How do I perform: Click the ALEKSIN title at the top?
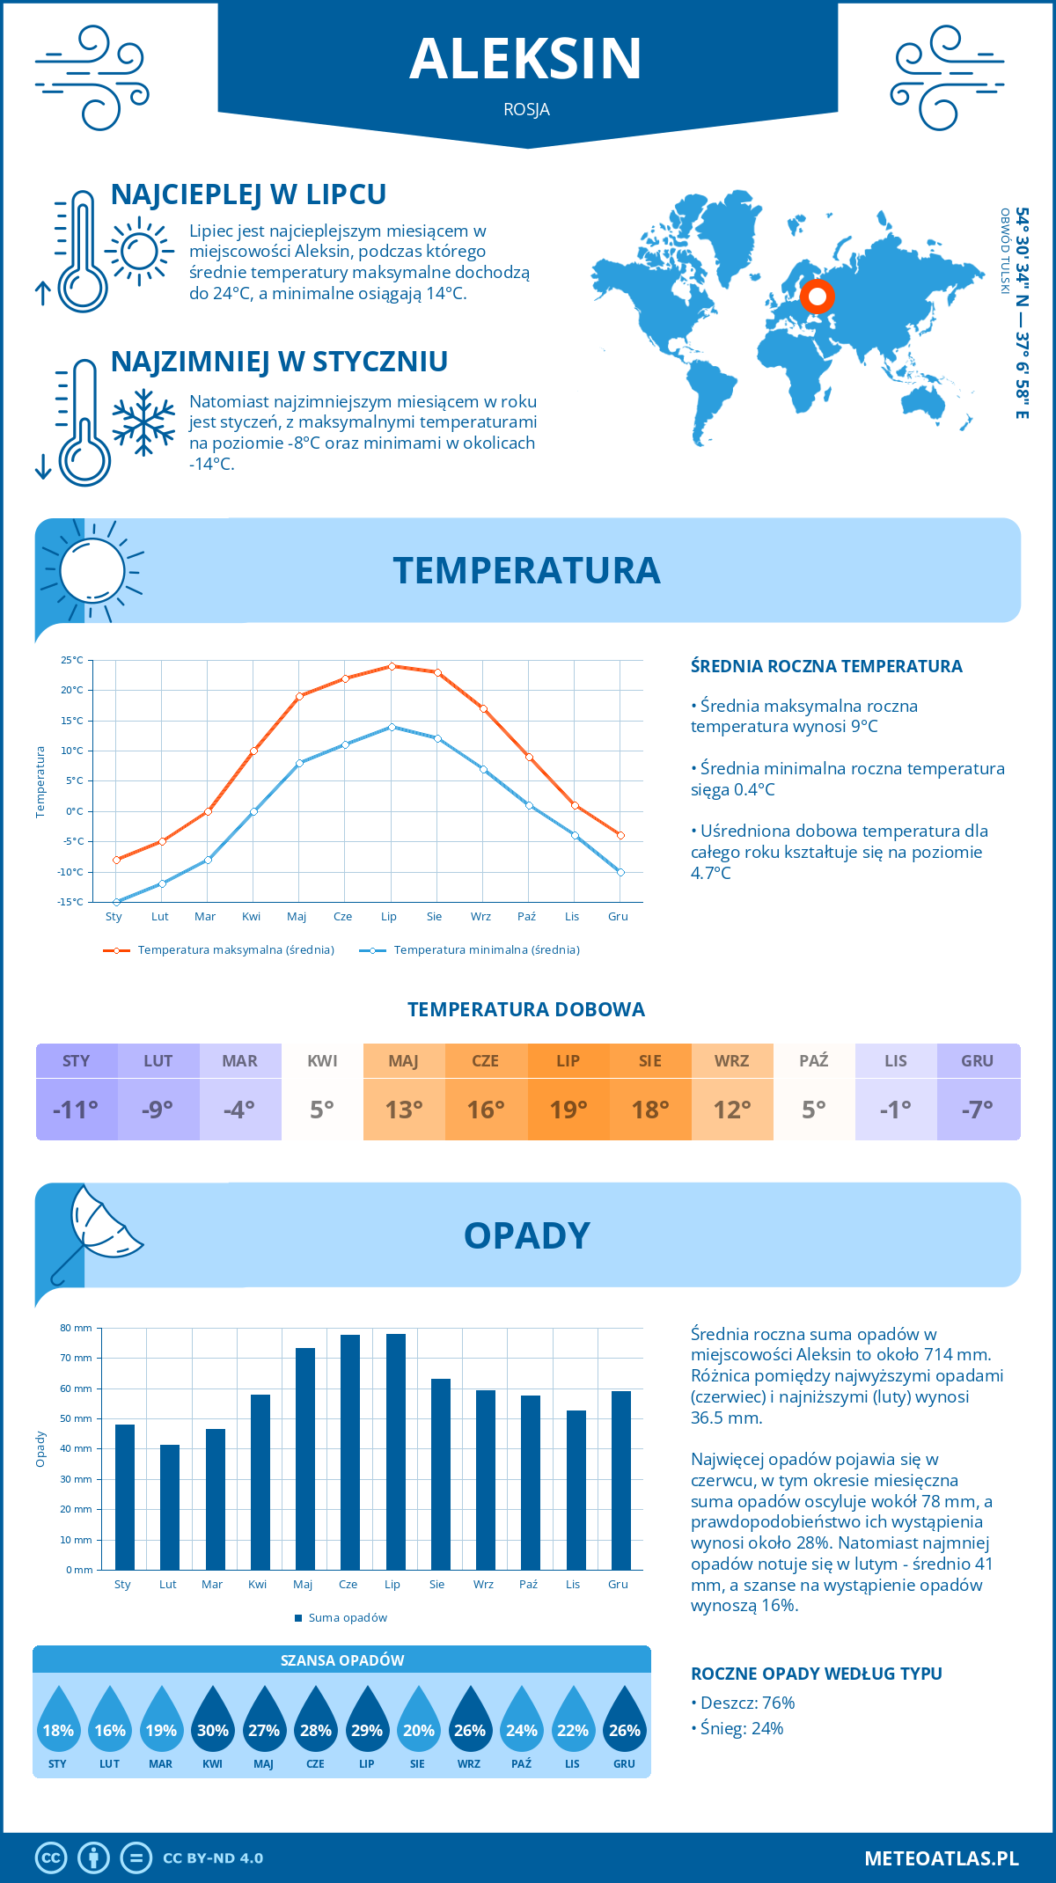(x=526, y=59)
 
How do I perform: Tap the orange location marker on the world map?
(x=817, y=297)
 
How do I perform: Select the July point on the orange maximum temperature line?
(x=392, y=666)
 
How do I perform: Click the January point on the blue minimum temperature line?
(x=116, y=902)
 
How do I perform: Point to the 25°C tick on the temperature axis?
(x=73, y=660)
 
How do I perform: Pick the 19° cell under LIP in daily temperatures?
(x=568, y=1110)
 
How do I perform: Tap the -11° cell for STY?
(x=77, y=1110)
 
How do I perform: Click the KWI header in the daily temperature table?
(x=322, y=1061)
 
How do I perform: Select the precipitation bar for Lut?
(x=170, y=1507)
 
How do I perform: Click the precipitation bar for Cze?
(x=350, y=1452)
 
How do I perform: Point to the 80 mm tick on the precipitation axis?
(x=77, y=1328)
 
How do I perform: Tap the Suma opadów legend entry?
(x=347, y=1618)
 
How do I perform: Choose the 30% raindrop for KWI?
(x=213, y=1726)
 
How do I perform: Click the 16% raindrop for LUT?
(x=110, y=1726)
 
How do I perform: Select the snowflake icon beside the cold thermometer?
(x=143, y=422)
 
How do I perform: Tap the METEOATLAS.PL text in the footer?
(x=942, y=1858)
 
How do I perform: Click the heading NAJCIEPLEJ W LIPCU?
(x=249, y=194)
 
